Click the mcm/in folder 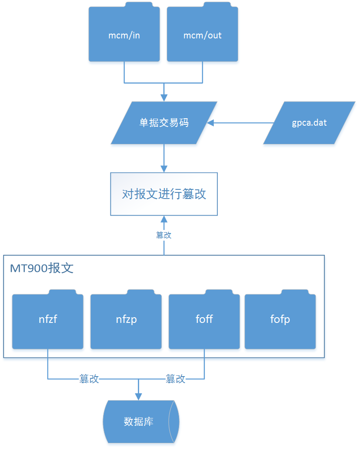tap(124, 35)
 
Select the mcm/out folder tap(202, 35)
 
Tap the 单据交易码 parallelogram tap(164, 123)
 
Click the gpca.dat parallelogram tap(309, 123)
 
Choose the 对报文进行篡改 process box tap(164, 194)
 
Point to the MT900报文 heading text tap(41, 267)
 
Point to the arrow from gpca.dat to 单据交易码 tap(240, 123)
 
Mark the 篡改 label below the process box tap(164, 235)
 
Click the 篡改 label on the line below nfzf tap(89, 379)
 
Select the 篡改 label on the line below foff tap(175, 379)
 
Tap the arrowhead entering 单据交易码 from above tap(164, 97)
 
